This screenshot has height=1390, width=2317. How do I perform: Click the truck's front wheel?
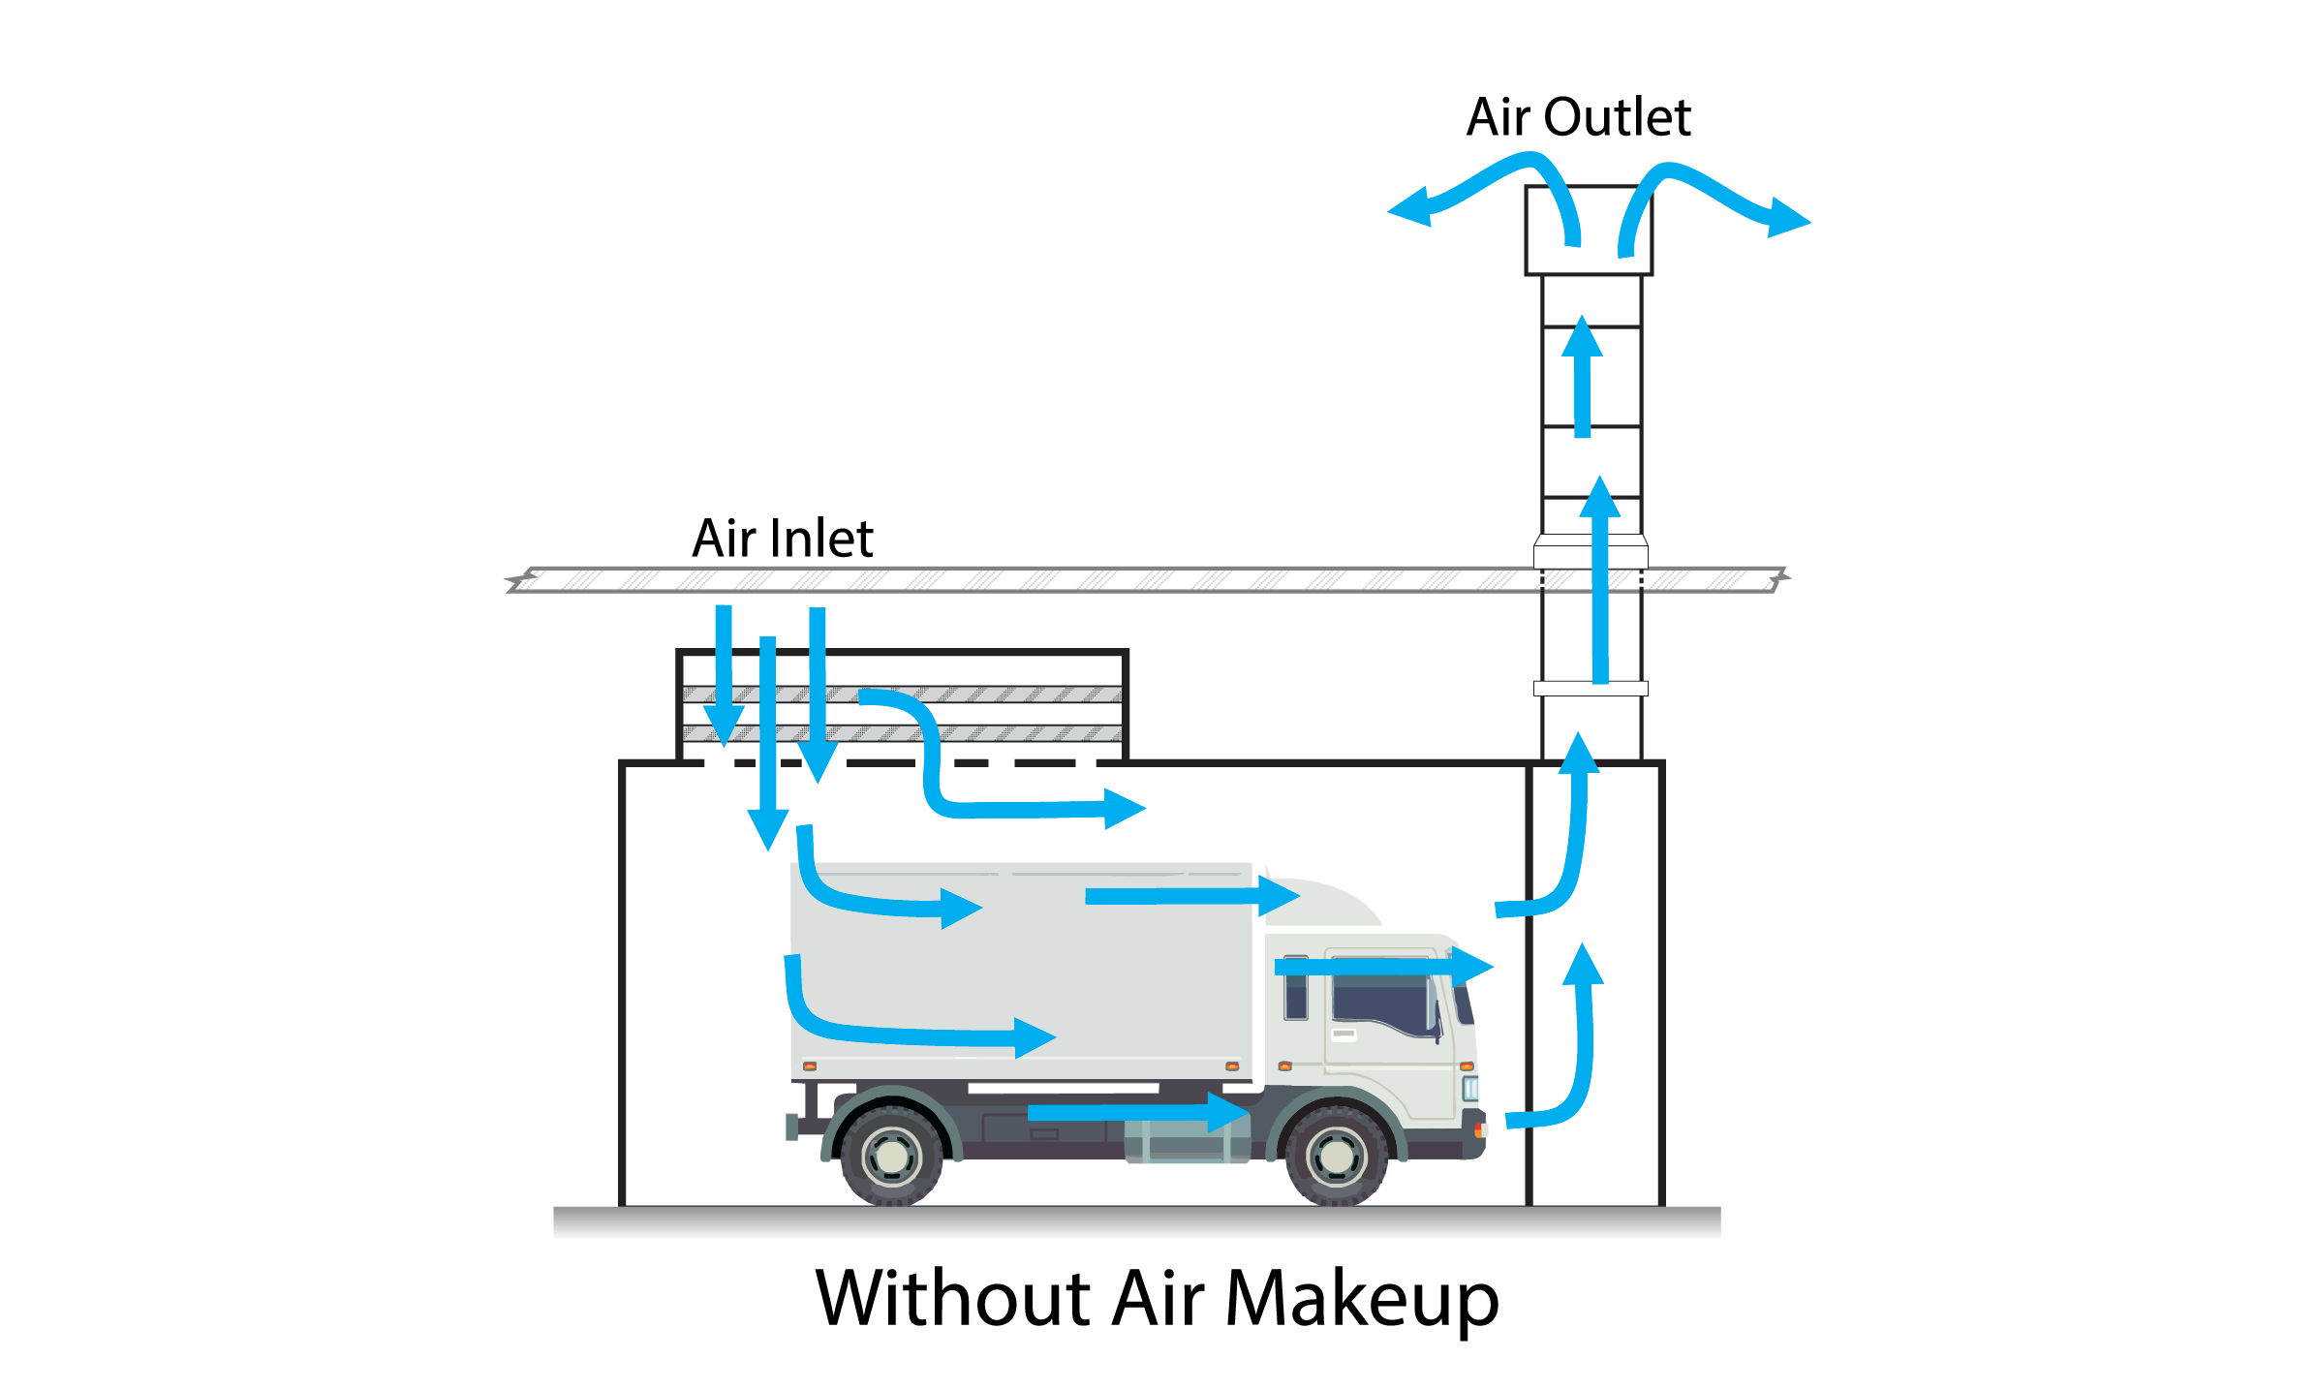pyautogui.click(x=1337, y=1156)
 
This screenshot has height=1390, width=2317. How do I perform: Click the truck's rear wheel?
pyautogui.click(x=892, y=1156)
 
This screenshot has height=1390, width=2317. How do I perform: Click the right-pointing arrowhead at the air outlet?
pyautogui.click(x=1789, y=218)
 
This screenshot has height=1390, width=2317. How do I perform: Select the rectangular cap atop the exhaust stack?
pyautogui.click(x=1589, y=231)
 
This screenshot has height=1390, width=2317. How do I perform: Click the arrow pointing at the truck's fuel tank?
pyautogui.click(x=1139, y=1112)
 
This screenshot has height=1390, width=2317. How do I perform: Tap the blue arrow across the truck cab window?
pyautogui.click(x=1384, y=966)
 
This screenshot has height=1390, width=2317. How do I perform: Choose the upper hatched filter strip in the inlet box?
pyautogui.click(x=902, y=695)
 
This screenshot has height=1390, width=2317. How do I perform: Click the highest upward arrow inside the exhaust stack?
pyautogui.click(x=1583, y=376)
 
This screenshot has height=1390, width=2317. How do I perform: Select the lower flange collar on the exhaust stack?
pyautogui.click(x=1591, y=689)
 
